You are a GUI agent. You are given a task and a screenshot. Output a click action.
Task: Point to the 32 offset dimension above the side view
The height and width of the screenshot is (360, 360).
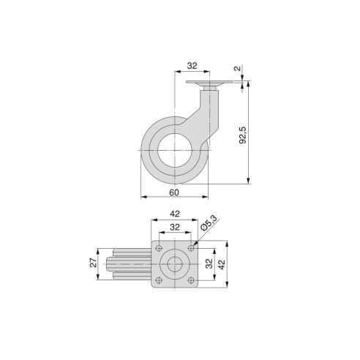coord(192,65)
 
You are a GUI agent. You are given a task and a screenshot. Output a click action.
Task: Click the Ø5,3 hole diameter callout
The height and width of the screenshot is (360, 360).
coord(208,224)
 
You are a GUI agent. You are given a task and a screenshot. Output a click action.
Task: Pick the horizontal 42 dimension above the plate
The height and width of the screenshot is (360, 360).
coord(174,214)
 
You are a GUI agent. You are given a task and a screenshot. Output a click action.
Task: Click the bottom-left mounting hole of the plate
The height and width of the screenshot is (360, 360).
coord(158,281)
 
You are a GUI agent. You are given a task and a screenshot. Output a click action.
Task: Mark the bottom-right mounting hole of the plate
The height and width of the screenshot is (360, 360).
coord(190,281)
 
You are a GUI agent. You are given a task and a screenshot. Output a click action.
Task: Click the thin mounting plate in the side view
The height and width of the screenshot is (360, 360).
coord(207,86)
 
